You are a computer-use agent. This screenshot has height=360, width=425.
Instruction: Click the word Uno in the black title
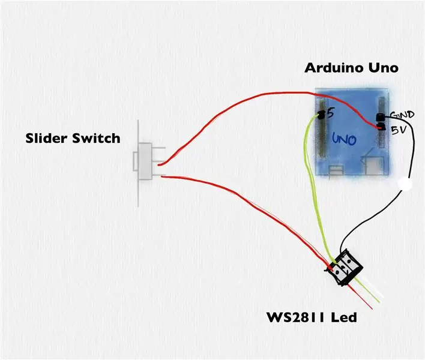(x=383, y=68)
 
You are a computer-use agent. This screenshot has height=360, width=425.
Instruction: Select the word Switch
(x=96, y=138)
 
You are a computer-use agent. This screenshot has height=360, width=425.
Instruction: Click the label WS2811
(x=296, y=317)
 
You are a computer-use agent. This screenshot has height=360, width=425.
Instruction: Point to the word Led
(x=344, y=317)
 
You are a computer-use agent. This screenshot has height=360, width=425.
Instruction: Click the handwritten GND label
(x=403, y=115)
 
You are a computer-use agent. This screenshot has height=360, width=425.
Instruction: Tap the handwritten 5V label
(x=399, y=130)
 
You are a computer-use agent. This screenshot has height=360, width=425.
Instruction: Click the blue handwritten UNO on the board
(x=344, y=139)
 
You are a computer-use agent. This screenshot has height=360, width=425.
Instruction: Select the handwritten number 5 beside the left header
(x=330, y=113)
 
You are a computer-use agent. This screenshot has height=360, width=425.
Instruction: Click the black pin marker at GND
(x=381, y=117)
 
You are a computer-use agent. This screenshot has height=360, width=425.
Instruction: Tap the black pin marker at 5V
(x=381, y=127)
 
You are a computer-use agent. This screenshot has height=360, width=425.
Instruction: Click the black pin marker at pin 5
(x=321, y=115)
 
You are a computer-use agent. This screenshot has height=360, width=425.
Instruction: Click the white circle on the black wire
(x=405, y=184)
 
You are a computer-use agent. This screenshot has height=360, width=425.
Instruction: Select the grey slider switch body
(x=145, y=161)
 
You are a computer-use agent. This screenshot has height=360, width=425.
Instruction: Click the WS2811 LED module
(x=345, y=268)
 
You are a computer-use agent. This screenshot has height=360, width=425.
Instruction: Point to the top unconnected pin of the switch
(x=158, y=148)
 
